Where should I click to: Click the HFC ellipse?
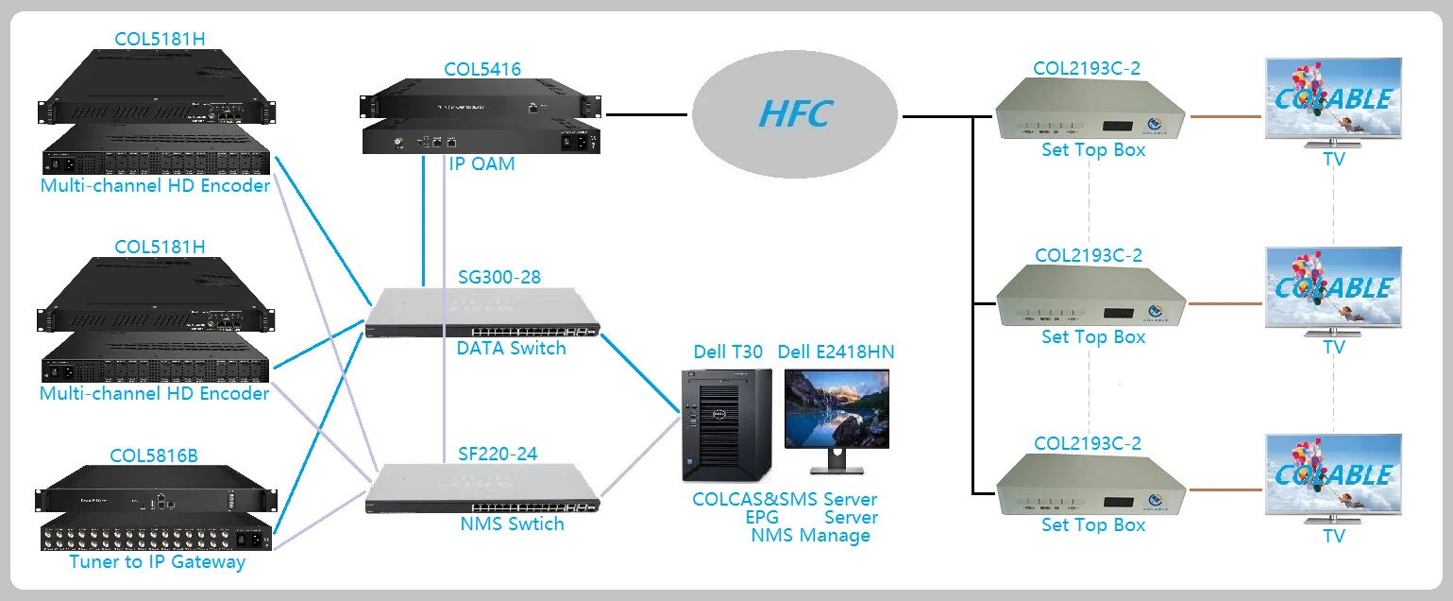pos(794,114)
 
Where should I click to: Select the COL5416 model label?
pos(482,69)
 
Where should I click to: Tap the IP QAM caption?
pos(482,164)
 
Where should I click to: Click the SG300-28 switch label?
pos(499,277)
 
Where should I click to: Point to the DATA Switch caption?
pos(511,348)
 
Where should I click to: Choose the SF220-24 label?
pos(497,454)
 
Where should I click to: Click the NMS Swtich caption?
pos(511,524)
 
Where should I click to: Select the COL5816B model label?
pos(154,456)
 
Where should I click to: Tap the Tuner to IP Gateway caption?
pos(157,562)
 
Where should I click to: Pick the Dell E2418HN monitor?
pos(836,416)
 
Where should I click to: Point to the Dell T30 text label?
pos(727,352)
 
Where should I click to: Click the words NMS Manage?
pos(810,536)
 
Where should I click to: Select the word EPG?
pos(764,518)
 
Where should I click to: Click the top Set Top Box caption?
pos(1092,150)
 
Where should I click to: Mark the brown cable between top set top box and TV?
pos(1225,117)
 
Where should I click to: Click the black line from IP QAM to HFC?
pos(647,115)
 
